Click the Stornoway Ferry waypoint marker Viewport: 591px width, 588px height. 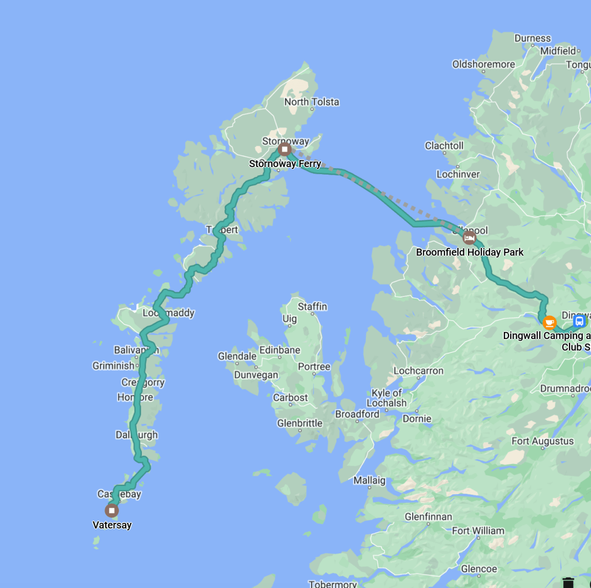tap(285, 150)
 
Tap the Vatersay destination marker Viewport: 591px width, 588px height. tap(111, 510)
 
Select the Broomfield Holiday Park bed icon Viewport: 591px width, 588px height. tap(469, 238)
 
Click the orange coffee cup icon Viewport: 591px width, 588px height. tap(549, 322)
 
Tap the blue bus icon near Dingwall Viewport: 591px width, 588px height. tap(579, 321)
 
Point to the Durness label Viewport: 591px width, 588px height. tap(532, 39)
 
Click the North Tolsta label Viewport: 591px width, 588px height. tap(312, 102)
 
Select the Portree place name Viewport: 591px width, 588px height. tap(314, 367)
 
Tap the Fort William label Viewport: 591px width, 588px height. tap(477, 530)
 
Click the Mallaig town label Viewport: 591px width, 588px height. tap(369, 480)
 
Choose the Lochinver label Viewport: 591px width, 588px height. tap(458, 174)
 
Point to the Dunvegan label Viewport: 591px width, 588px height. tap(256, 375)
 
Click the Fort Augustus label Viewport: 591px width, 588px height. tap(543, 441)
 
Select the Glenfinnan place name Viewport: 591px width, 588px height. tap(428, 517)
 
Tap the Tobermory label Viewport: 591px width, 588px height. tap(332, 583)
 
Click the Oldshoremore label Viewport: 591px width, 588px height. tap(483, 64)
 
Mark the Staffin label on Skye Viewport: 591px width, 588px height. tap(312, 307)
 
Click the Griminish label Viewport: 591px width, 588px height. tap(113, 365)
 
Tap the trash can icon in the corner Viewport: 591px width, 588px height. tap(568, 582)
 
